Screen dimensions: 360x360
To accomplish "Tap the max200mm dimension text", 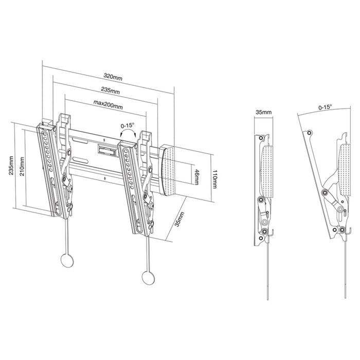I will point(108,106).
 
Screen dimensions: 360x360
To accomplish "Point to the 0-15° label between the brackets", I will point(127,125).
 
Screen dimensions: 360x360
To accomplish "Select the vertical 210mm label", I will point(21,165).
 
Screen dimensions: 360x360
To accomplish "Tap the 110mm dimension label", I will point(216,178).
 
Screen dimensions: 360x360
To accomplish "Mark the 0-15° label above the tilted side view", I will point(325,107).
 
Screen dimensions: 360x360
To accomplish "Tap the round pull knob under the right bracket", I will point(148,276).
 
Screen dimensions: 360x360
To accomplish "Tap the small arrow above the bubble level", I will point(105,139).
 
